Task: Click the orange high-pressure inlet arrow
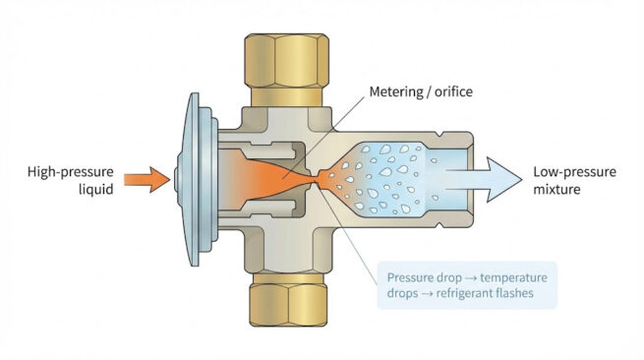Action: tap(151, 180)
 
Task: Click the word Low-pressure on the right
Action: tap(573, 172)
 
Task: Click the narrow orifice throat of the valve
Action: tap(317, 180)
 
